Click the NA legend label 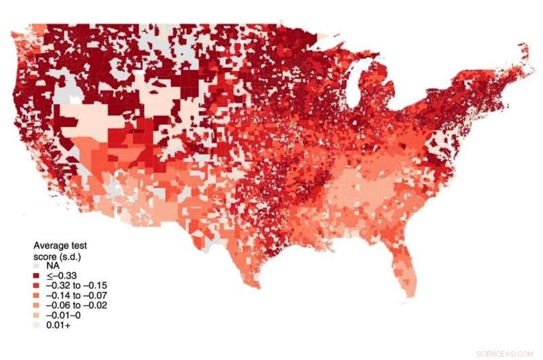[53, 266]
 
